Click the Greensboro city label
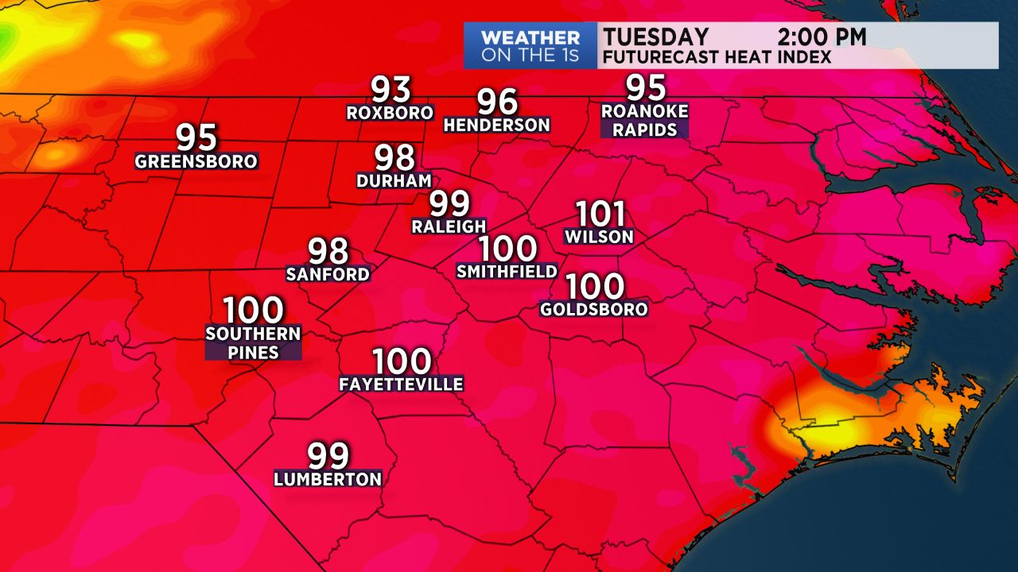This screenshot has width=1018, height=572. (196, 161)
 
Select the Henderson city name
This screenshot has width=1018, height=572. (497, 125)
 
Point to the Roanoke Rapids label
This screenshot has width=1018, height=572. (646, 121)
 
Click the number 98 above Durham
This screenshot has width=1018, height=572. (395, 157)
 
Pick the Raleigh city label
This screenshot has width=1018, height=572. (449, 226)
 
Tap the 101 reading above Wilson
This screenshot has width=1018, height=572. (600, 214)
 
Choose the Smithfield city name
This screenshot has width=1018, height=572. (507, 271)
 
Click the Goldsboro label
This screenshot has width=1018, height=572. (594, 309)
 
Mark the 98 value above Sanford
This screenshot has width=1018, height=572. (328, 251)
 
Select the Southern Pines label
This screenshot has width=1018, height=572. (253, 342)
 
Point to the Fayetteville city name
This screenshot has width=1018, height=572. (401, 385)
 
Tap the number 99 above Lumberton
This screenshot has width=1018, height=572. (328, 456)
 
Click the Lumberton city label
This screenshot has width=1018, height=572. (328, 479)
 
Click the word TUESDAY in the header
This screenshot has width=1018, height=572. (655, 37)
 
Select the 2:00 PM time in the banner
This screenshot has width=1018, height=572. (822, 37)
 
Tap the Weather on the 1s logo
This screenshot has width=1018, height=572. (530, 46)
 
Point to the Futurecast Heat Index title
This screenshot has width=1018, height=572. (717, 57)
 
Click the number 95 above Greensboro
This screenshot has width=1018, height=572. (196, 137)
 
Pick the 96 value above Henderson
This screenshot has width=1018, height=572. (497, 102)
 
